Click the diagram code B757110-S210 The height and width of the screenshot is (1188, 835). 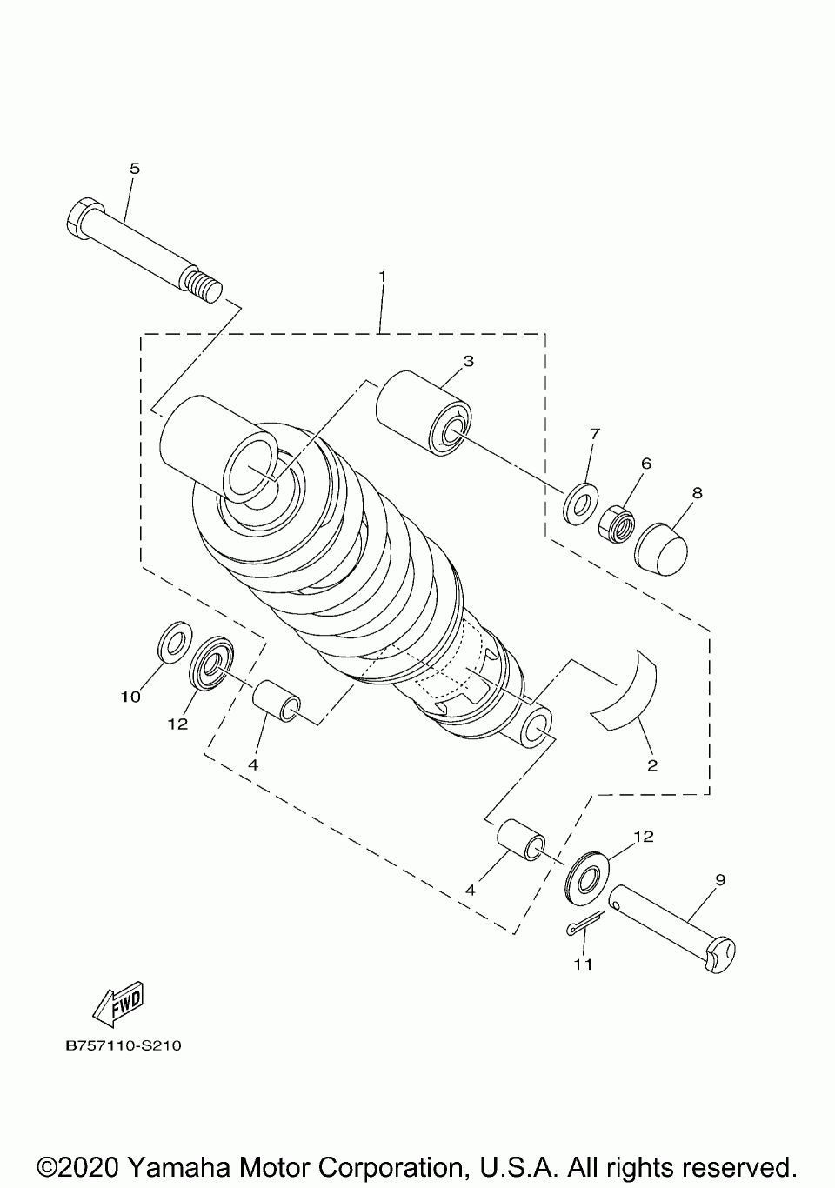click(123, 1046)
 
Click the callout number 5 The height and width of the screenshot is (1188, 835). click(134, 168)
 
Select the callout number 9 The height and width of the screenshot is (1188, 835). click(720, 879)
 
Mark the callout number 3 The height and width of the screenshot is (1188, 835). click(468, 360)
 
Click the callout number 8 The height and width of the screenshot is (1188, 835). click(697, 492)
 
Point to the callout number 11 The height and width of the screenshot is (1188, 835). click(583, 964)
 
